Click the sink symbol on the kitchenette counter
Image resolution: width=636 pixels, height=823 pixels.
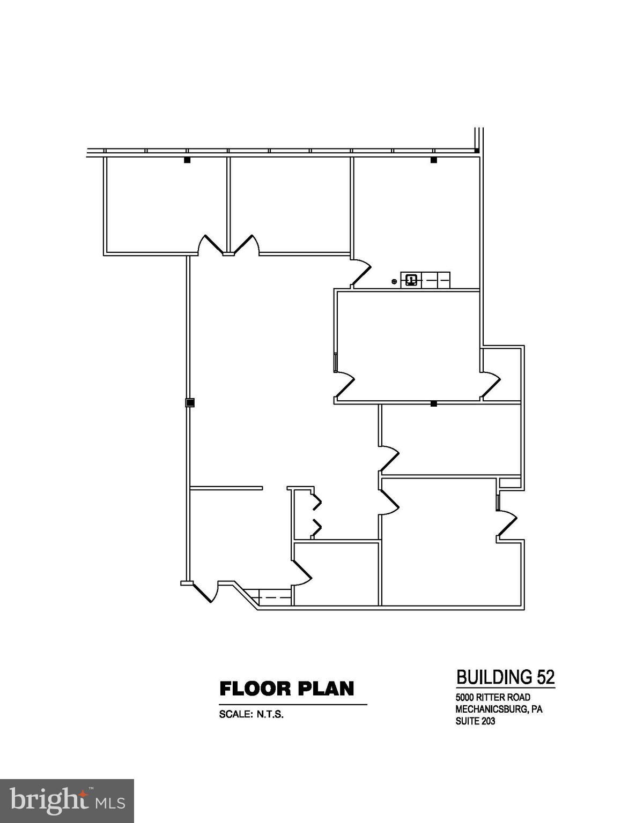tap(411, 280)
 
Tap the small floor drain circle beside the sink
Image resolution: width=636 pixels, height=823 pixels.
tap(394, 281)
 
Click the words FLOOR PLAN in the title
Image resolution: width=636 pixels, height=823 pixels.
tap(287, 689)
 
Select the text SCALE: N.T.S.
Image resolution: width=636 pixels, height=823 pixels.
tap(251, 714)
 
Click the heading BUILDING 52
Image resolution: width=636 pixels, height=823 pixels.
tap(505, 677)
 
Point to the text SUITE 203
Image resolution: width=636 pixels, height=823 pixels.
tap(475, 721)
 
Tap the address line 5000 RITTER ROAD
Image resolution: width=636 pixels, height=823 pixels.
tap(493, 697)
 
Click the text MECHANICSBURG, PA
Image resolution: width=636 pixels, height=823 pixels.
tap(499, 709)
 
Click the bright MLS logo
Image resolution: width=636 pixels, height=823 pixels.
tap(67, 801)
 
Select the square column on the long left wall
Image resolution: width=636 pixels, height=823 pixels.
tap(189, 402)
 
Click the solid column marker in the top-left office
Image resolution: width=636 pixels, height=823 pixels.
tap(187, 160)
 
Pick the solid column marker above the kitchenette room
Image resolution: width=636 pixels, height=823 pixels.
tap(434, 160)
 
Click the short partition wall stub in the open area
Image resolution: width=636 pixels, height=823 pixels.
tap(226, 488)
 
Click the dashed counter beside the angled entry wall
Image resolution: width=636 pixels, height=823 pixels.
tap(274, 596)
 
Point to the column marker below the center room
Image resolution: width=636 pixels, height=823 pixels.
tap(434, 403)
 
